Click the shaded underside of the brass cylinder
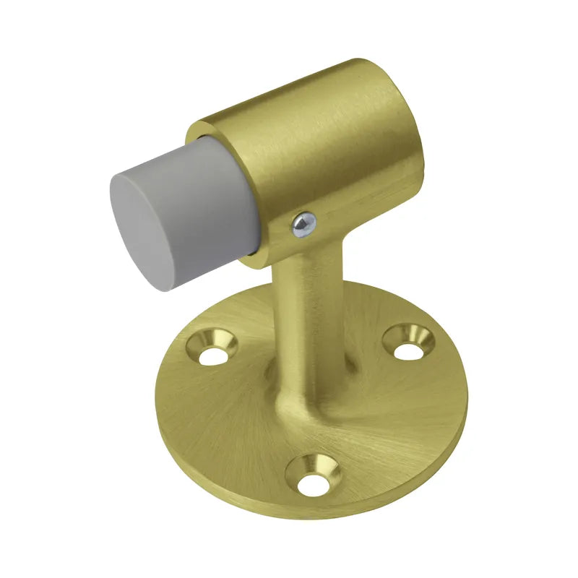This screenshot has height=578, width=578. tap(340, 217)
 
